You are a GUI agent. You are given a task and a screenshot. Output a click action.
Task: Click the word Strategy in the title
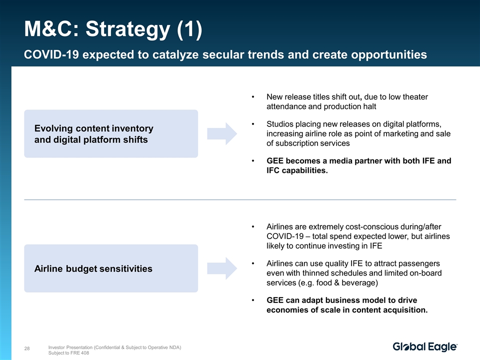coord(127,29)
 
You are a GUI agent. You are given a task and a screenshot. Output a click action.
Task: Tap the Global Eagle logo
coord(425,347)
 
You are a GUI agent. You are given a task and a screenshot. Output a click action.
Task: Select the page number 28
coord(27,348)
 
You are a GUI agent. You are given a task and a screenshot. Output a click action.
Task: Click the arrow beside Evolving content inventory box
coord(222,134)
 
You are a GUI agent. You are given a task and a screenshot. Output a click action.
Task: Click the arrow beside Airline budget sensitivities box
coord(222,268)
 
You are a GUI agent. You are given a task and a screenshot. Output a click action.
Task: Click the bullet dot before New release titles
coord(253,97)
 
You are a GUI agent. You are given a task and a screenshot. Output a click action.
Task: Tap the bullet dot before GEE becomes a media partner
coord(253,161)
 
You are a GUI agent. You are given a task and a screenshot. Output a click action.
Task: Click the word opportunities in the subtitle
coord(389,55)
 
